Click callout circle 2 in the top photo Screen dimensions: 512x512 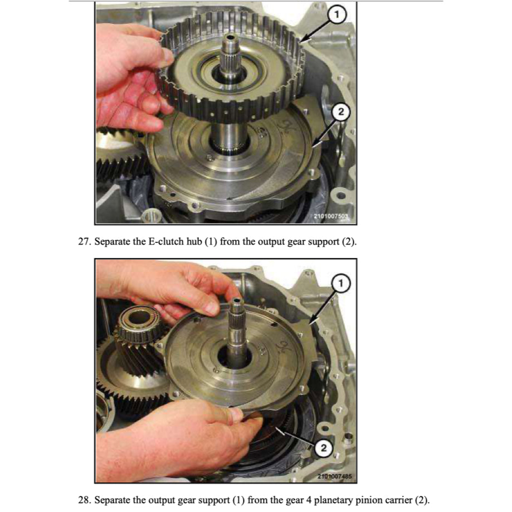click(340, 113)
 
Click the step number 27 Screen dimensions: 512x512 click(83, 242)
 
